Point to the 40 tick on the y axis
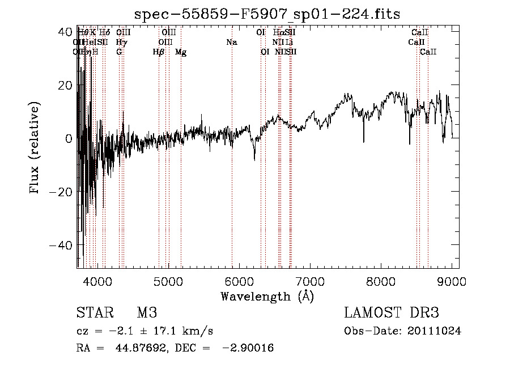(77, 32)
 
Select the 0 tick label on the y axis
(68, 138)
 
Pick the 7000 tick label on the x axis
(310, 280)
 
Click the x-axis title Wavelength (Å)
(267, 296)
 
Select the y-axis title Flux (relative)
(35, 149)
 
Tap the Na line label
(231, 43)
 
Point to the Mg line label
(181, 52)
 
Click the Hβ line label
(159, 52)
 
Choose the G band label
(119, 52)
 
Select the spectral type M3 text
(147, 313)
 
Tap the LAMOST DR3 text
(392, 313)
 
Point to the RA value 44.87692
(137, 348)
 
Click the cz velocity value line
(144, 331)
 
